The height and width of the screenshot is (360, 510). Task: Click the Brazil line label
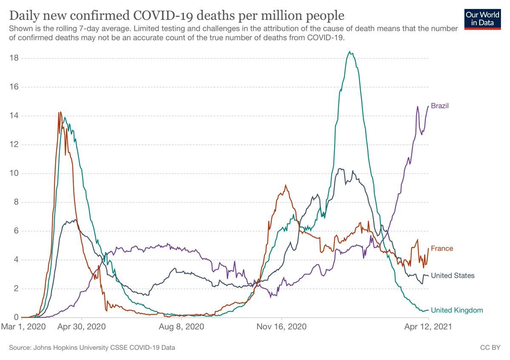(440, 106)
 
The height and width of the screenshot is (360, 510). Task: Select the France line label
(442, 248)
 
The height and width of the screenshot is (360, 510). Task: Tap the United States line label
(453, 276)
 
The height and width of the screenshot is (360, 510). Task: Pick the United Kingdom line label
(457, 310)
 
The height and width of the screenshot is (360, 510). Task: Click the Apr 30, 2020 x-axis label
(82, 327)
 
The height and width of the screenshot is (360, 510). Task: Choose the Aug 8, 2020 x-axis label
(182, 327)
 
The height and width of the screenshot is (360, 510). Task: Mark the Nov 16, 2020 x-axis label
(282, 327)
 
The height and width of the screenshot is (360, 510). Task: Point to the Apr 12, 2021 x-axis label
(428, 327)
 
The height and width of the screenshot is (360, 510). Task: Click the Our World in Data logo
(482, 18)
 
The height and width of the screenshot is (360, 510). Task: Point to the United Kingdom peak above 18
(349, 52)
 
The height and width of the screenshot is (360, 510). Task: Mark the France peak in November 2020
(286, 185)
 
